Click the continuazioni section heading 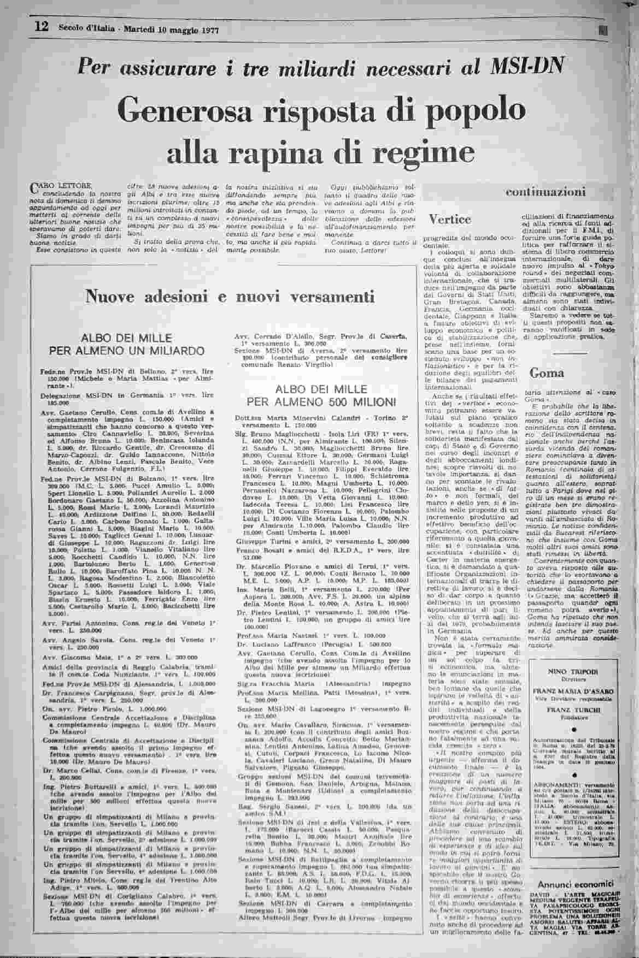tap(546, 192)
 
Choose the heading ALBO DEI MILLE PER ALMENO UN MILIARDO tap(127, 344)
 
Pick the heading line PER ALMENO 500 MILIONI tap(321, 402)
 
